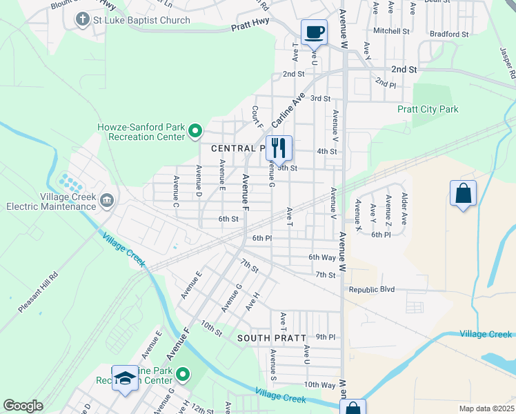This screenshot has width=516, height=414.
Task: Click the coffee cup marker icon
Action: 314,32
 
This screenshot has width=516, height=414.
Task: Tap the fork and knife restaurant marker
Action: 279,148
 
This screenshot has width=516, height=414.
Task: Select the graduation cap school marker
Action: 125,378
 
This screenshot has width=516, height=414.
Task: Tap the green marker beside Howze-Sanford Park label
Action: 195,130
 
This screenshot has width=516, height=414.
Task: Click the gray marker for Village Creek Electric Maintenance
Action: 107,201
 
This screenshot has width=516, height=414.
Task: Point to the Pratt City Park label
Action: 428,109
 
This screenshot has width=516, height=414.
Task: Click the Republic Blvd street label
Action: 371,289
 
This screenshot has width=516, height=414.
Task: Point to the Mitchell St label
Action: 391,31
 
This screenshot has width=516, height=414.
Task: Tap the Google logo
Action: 23,406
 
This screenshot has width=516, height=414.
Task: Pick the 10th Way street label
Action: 319,384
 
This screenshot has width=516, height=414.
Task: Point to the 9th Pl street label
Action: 326,337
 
